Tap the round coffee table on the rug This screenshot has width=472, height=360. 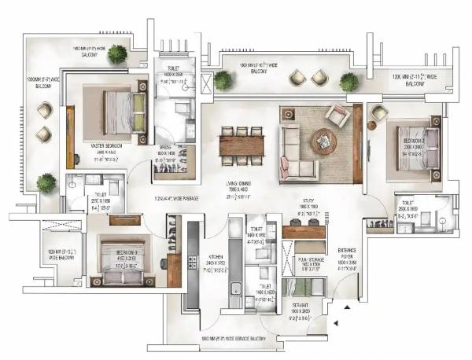click(x=323, y=141)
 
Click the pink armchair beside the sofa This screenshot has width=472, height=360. click(x=338, y=116)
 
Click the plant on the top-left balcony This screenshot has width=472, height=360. click(x=117, y=53)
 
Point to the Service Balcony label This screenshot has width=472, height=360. click(x=236, y=337)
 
